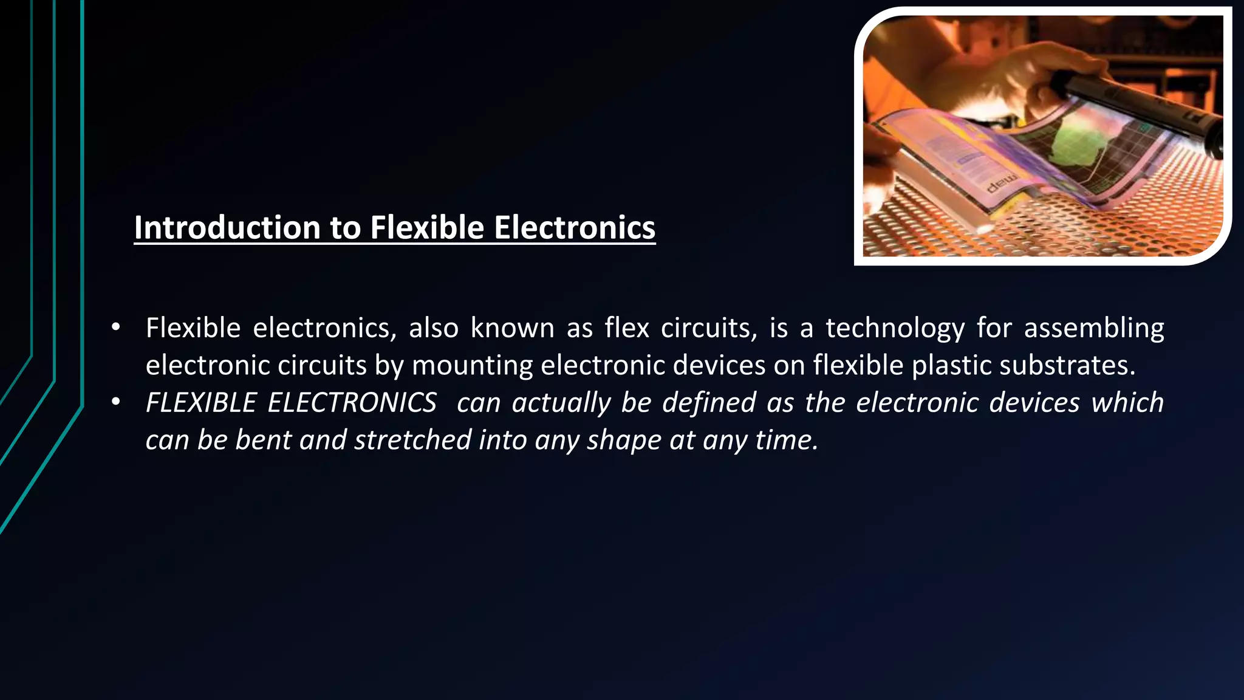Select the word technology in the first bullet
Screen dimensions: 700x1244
895,329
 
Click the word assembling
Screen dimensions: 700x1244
1094,329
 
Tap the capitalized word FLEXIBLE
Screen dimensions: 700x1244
201,403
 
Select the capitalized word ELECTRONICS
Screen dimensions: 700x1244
352,403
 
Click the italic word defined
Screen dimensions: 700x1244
709,403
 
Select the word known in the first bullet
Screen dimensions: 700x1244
512,329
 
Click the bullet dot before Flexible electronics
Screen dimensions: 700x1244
115,328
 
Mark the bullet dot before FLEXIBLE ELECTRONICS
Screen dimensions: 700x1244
115,402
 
